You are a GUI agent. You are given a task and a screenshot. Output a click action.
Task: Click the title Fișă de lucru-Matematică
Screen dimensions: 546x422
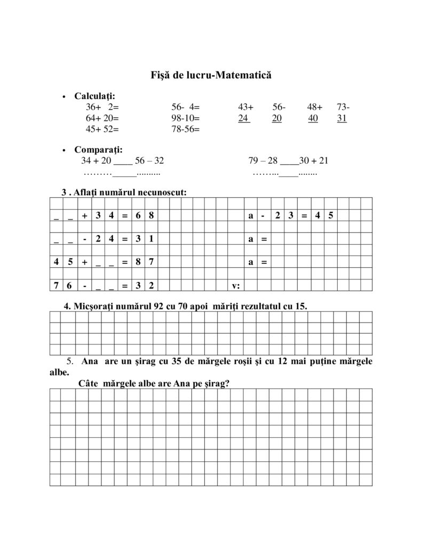tap(211, 76)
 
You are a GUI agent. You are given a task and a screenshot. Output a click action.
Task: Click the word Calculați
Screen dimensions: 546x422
tap(94, 97)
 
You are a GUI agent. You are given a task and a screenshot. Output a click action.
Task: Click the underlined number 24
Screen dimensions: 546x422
tap(244, 118)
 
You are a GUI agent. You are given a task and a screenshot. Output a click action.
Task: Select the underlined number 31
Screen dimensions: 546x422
tap(342, 118)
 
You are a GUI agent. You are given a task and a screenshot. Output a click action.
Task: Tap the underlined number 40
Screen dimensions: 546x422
tap(313, 118)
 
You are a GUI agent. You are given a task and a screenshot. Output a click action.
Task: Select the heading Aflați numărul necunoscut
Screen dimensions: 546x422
tap(128, 192)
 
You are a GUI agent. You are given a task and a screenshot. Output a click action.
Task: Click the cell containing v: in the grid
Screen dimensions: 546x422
tap(236, 286)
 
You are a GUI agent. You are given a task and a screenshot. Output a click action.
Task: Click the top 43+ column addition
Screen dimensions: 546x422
tap(246, 107)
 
